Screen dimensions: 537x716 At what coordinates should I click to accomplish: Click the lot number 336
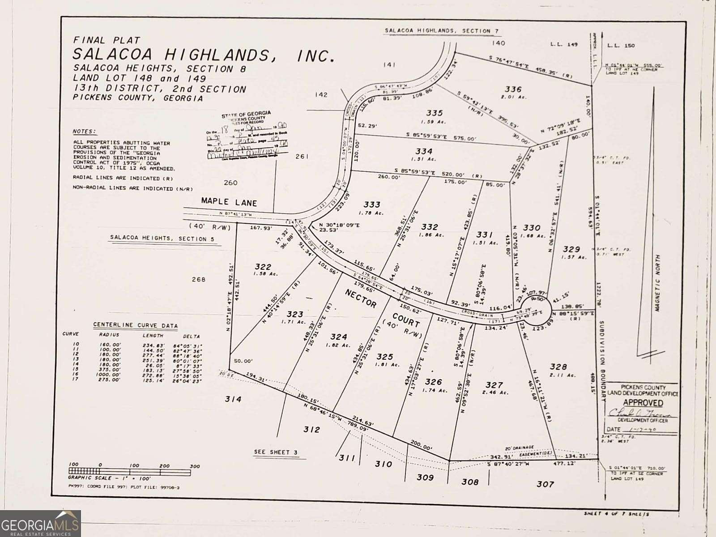point(512,89)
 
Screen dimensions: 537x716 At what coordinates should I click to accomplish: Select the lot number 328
point(558,367)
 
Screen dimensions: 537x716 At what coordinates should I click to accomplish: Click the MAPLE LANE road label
point(229,201)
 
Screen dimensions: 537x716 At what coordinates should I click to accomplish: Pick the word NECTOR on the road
point(361,298)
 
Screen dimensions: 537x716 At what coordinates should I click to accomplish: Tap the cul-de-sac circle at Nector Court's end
point(540,307)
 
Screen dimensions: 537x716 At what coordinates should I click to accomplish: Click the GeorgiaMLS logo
point(40,524)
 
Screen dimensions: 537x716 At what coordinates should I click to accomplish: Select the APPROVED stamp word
point(643,402)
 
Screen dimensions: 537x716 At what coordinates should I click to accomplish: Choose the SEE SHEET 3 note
point(276,452)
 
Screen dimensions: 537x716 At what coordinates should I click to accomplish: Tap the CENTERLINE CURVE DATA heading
point(135,325)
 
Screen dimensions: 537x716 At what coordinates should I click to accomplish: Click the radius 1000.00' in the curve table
point(110,374)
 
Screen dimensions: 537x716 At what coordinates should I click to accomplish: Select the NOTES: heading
point(84,132)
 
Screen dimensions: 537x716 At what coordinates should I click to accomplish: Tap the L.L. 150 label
point(621,45)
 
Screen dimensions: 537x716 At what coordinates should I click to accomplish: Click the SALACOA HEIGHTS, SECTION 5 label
point(159,239)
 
